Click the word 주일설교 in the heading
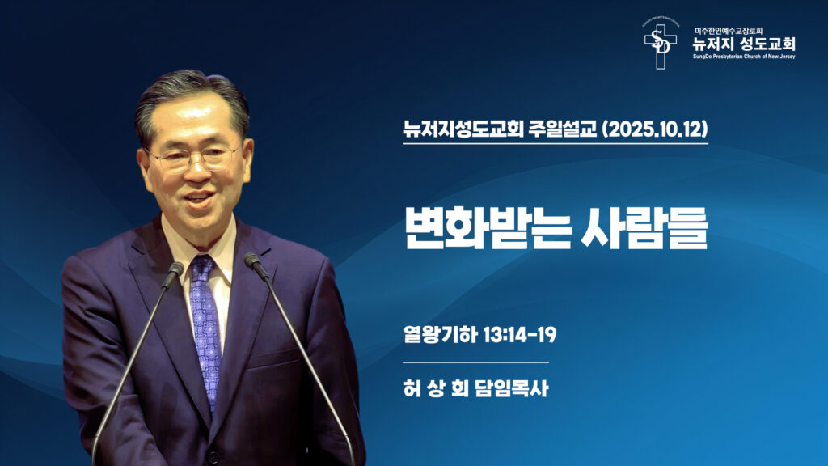(565, 128)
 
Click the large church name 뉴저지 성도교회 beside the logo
(743, 43)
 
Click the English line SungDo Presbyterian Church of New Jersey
(743, 57)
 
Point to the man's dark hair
(192, 95)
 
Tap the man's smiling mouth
(200, 198)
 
